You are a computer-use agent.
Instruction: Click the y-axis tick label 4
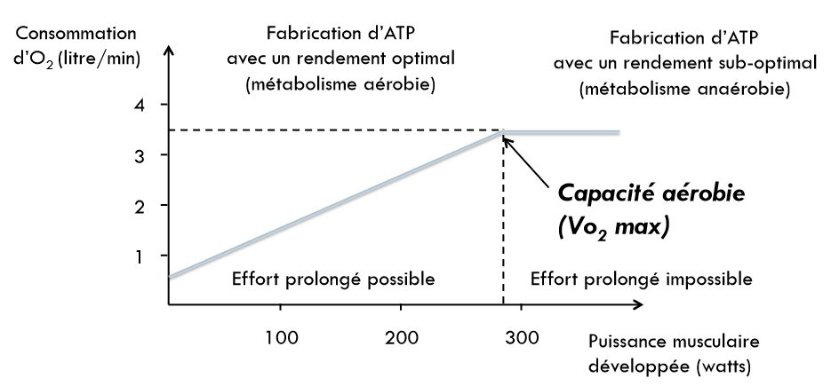click(x=140, y=105)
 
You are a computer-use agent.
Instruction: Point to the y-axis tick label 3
click(x=140, y=155)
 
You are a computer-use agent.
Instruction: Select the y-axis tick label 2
click(x=140, y=205)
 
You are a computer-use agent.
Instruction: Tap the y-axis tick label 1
click(x=140, y=256)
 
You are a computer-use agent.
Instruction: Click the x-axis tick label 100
click(x=281, y=337)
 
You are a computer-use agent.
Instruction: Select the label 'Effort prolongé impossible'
click(x=641, y=279)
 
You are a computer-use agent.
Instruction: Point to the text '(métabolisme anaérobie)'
click(x=683, y=90)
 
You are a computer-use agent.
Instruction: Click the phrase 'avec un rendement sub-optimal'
click(x=683, y=65)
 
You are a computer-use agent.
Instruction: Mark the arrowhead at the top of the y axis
click(x=168, y=52)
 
